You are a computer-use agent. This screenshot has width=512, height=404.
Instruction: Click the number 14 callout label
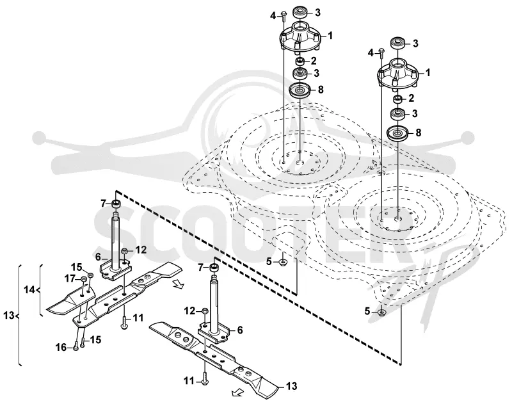tap(29, 289)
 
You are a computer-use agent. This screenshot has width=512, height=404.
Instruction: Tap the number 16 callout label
tap(61, 348)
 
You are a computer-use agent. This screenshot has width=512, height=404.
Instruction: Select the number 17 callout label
tap(70, 279)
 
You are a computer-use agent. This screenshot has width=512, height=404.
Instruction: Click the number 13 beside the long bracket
tap(9, 316)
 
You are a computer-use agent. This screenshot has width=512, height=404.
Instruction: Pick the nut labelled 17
tap(83, 279)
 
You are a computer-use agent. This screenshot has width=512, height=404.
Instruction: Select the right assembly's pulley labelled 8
tap(398, 134)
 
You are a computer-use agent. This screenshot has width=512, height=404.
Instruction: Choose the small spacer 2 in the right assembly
tap(398, 99)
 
